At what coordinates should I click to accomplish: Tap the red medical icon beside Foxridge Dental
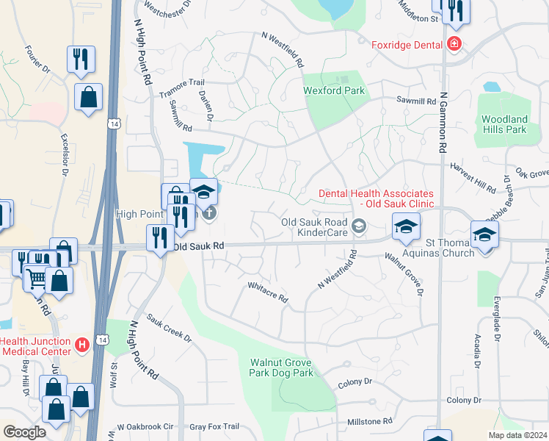pyautogui.click(x=455, y=44)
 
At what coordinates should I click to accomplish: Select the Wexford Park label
pyautogui.click(x=334, y=91)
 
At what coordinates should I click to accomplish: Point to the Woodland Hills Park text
pyautogui.click(x=504, y=124)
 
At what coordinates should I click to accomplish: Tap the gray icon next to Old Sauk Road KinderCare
pyautogui.click(x=359, y=226)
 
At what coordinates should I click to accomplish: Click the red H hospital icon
pyautogui.click(x=83, y=343)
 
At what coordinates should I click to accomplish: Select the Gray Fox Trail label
pyautogui.click(x=214, y=426)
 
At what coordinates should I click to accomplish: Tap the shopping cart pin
pyautogui.click(x=36, y=276)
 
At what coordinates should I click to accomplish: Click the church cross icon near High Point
pyautogui.click(x=209, y=214)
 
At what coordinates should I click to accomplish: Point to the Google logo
pyautogui.click(x=24, y=432)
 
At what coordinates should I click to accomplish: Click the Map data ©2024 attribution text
pyautogui.click(x=518, y=435)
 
